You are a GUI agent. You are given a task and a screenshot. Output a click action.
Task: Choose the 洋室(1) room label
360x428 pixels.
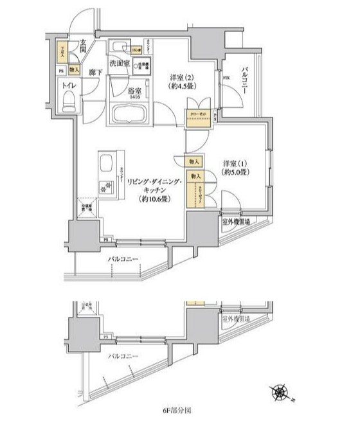(x=236, y=163)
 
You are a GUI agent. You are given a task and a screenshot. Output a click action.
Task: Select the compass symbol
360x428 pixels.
(x=280, y=389)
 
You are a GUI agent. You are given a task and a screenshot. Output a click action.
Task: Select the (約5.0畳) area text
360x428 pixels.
(x=236, y=173)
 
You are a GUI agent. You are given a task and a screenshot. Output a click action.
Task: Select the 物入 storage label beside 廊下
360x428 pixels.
(x=74, y=69)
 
